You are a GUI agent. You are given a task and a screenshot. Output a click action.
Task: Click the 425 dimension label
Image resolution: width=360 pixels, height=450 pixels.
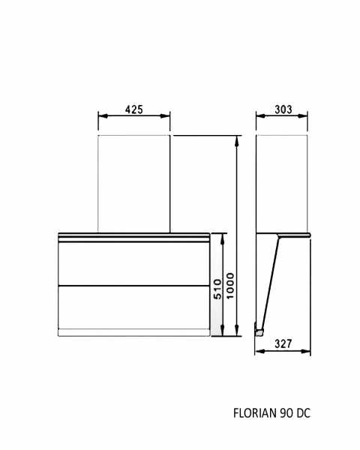click(133, 109)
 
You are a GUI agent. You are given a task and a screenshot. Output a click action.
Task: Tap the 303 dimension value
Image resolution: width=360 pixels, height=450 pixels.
click(283, 109)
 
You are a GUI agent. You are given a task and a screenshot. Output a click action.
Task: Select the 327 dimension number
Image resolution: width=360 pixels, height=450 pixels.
click(283, 343)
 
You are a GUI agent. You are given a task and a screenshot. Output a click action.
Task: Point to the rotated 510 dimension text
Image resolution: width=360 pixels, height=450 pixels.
click(218, 289)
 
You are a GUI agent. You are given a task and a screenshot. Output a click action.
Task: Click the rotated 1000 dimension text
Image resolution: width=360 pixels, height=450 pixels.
click(230, 286)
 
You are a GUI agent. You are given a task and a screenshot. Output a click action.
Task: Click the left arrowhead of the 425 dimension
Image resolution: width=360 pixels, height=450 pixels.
click(103, 116)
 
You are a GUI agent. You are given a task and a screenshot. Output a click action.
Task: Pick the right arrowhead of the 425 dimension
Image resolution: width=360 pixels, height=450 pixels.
click(165, 116)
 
